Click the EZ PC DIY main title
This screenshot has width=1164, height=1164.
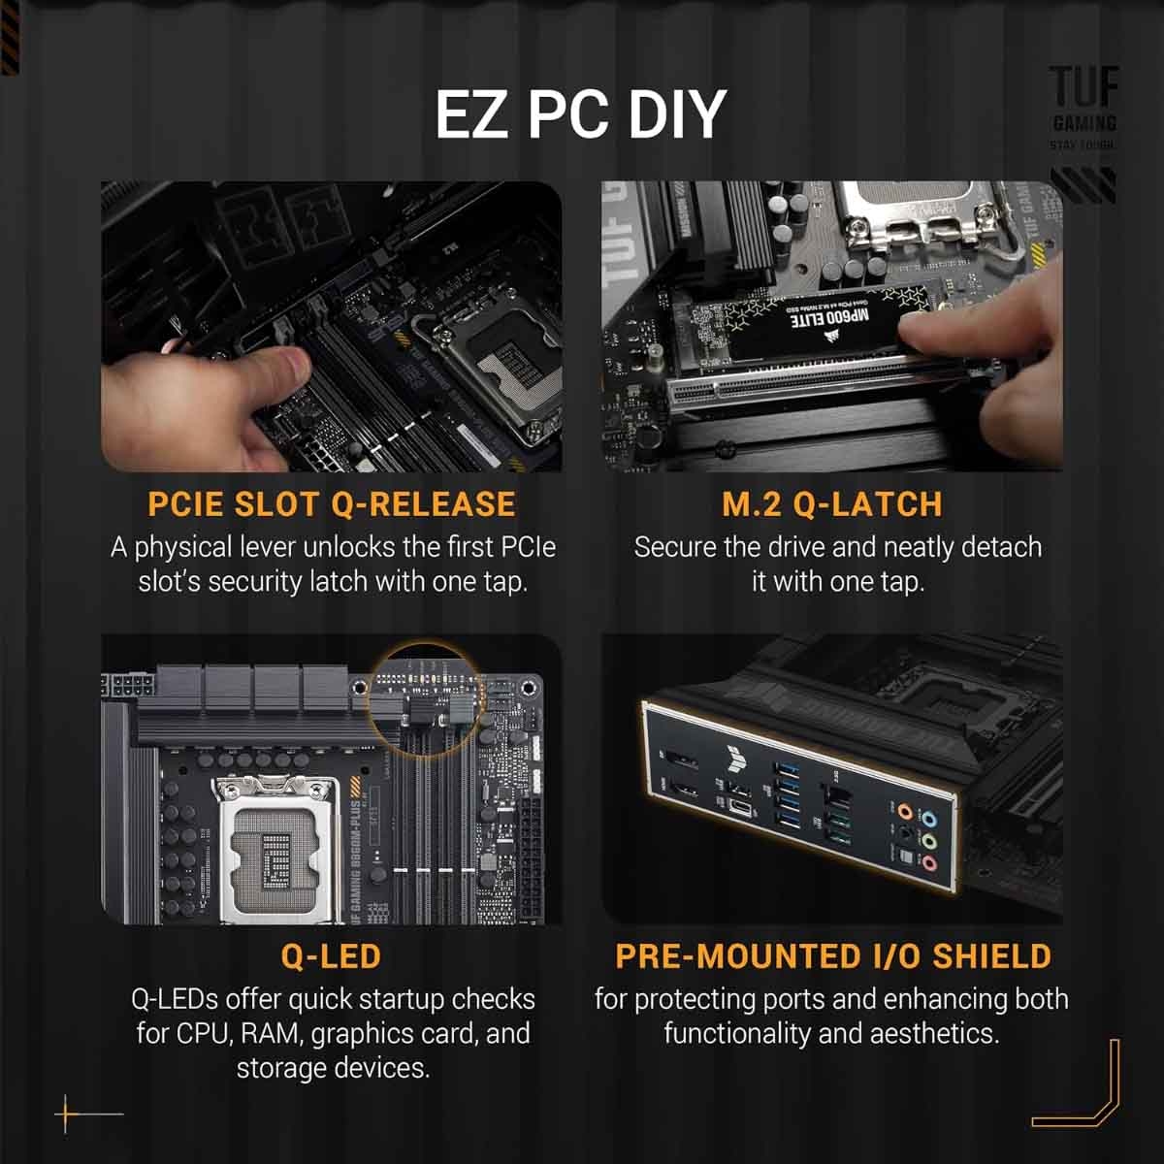tap(580, 113)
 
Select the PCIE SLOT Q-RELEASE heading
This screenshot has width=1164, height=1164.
tap(332, 504)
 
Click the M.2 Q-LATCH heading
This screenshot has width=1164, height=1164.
tap(831, 504)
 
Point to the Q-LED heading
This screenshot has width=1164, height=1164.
tap(331, 956)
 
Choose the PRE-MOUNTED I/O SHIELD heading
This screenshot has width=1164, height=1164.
tap(833, 956)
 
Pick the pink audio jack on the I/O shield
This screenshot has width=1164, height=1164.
tap(928, 862)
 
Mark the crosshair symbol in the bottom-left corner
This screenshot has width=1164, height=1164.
tap(68, 1114)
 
